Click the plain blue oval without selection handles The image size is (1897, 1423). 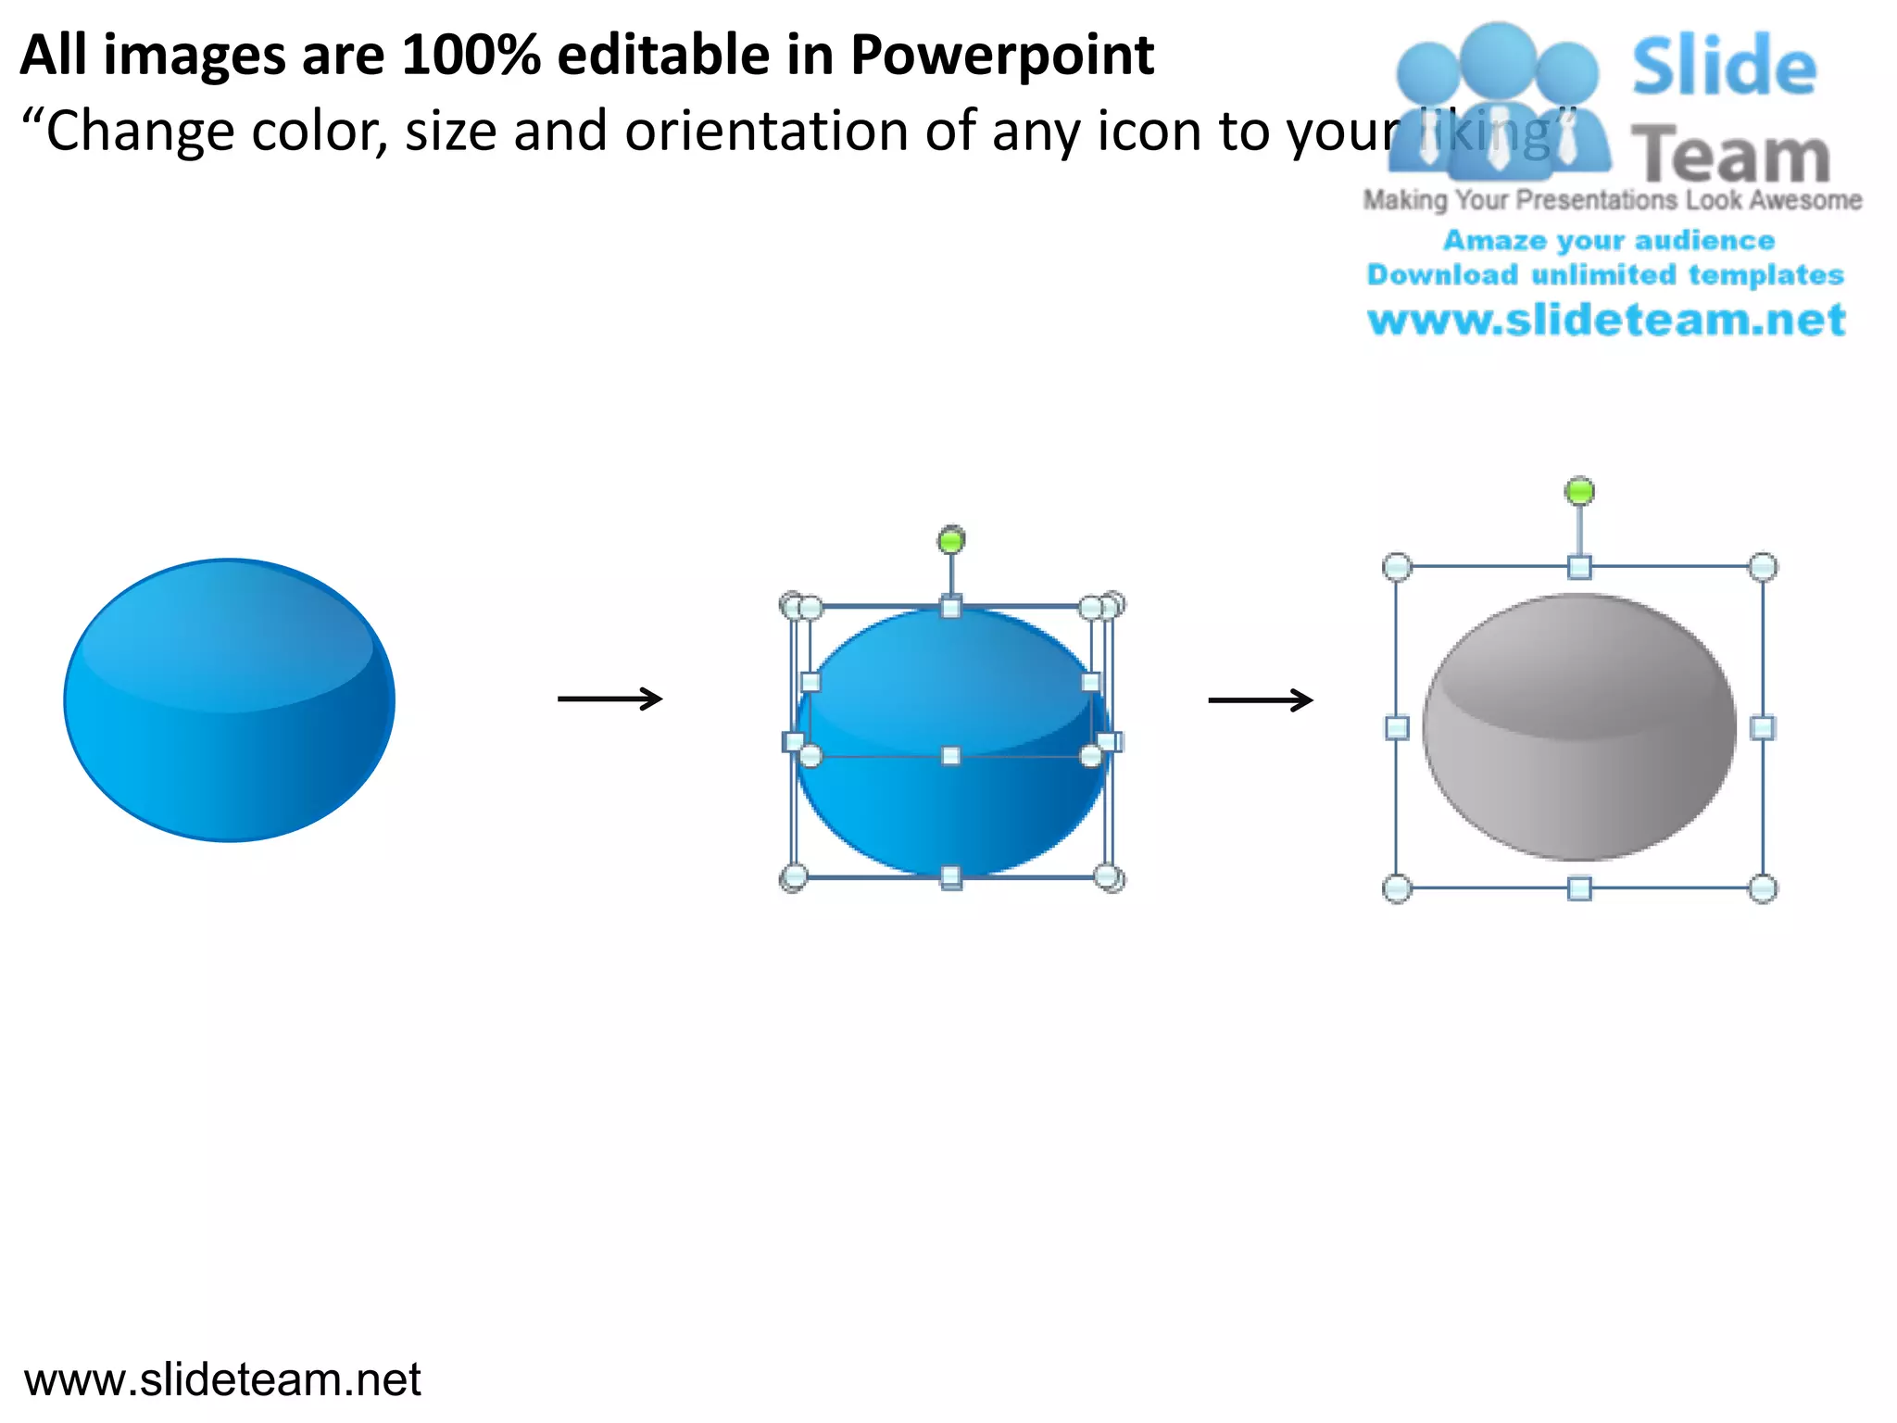click(229, 700)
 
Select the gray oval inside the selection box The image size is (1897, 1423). click(1578, 728)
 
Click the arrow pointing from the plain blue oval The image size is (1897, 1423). click(609, 699)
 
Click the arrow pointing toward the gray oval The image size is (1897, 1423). click(1260, 699)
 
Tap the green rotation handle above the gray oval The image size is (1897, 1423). click(1579, 491)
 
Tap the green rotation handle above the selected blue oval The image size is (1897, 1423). click(951, 540)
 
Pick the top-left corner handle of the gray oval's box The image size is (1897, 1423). click(1397, 566)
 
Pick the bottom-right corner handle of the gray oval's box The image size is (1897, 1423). click(1763, 888)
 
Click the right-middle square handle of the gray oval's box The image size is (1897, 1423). click(1763, 728)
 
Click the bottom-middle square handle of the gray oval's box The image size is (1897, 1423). click(1579, 888)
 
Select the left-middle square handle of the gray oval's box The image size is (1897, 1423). click(1397, 728)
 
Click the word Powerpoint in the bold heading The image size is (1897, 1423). click(1002, 56)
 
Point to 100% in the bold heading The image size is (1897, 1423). click(471, 56)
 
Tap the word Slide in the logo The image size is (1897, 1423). click(1724, 67)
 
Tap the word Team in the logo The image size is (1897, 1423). click(1730, 156)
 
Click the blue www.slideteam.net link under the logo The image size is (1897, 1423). click(1606, 321)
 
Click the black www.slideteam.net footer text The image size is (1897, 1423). click(222, 1379)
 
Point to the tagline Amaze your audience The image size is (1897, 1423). click(1609, 241)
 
